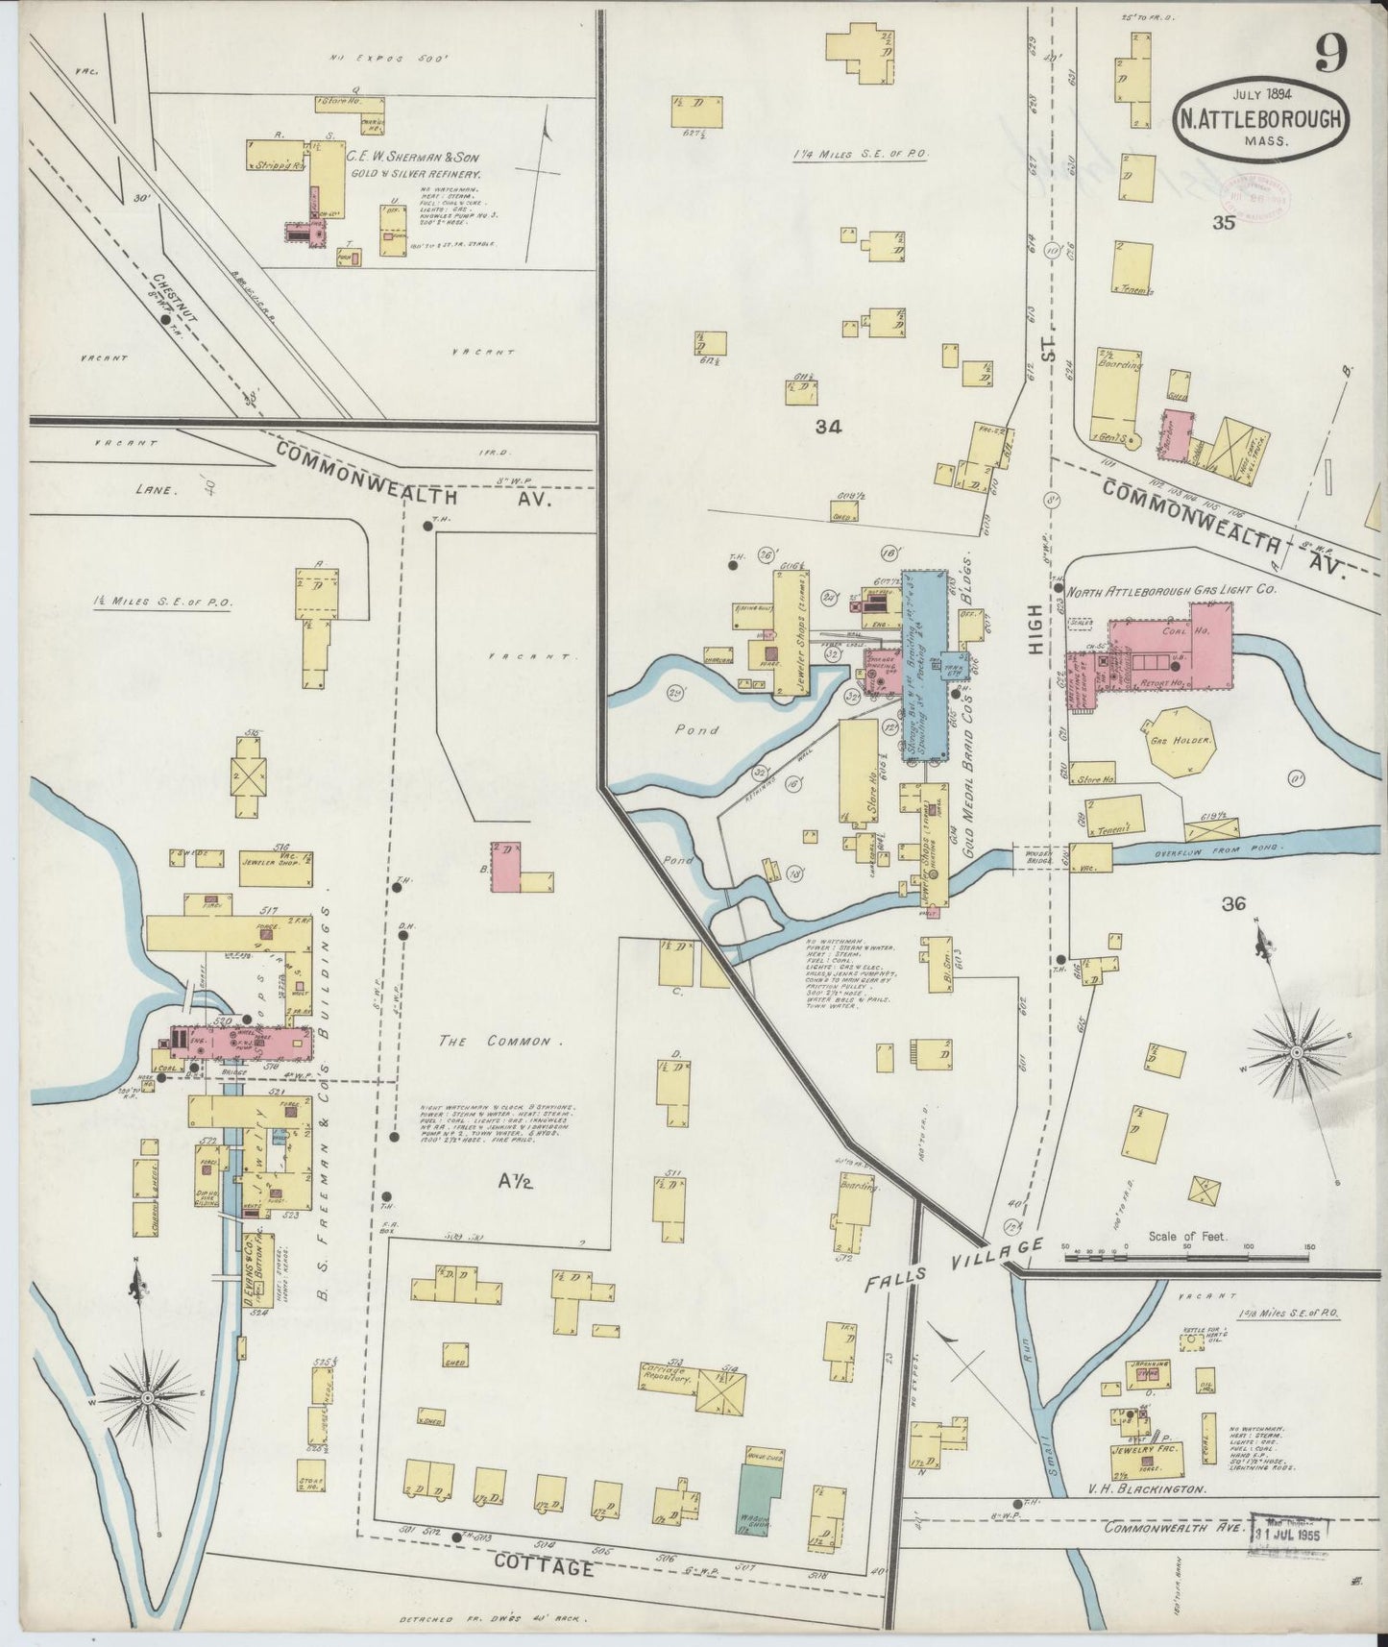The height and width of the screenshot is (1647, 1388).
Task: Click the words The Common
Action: tap(496, 1041)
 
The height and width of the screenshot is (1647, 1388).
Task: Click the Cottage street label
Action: tap(545, 1567)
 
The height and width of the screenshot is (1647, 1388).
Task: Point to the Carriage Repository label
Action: tap(666, 1372)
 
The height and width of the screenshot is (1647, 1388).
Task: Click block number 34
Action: tap(828, 429)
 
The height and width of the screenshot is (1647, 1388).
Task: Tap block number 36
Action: tap(1234, 903)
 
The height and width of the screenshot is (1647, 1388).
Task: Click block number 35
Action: tap(1223, 224)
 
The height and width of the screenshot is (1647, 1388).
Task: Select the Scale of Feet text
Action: tap(1187, 1237)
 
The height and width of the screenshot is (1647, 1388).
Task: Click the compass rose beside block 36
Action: tap(1296, 1053)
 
